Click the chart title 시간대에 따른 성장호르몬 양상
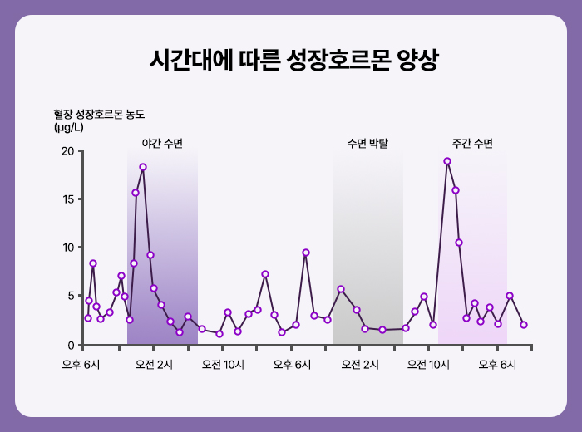pyautogui.click(x=291, y=60)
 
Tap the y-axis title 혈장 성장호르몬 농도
pyautogui.click(x=104, y=114)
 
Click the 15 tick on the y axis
pyautogui.click(x=67, y=199)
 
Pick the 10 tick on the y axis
pyautogui.click(x=67, y=248)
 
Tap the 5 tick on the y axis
pyautogui.click(x=70, y=296)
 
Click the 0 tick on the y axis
pyautogui.click(x=70, y=344)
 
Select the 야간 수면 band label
pyautogui.click(x=162, y=144)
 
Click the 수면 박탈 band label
pyautogui.click(x=368, y=144)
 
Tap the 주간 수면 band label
pyautogui.click(x=472, y=144)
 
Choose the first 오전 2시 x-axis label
pyautogui.click(x=153, y=364)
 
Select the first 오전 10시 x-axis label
pyautogui.click(x=222, y=364)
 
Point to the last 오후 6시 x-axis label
pyautogui.click(x=497, y=364)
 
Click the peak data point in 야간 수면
pyautogui.click(x=143, y=167)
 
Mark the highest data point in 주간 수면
pyautogui.click(x=447, y=161)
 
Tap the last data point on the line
pyautogui.click(x=524, y=325)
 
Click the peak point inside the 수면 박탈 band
pyautogui.click(x=341, y=289)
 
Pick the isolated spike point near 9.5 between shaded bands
pyautogui.click(x=306, y=253)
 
